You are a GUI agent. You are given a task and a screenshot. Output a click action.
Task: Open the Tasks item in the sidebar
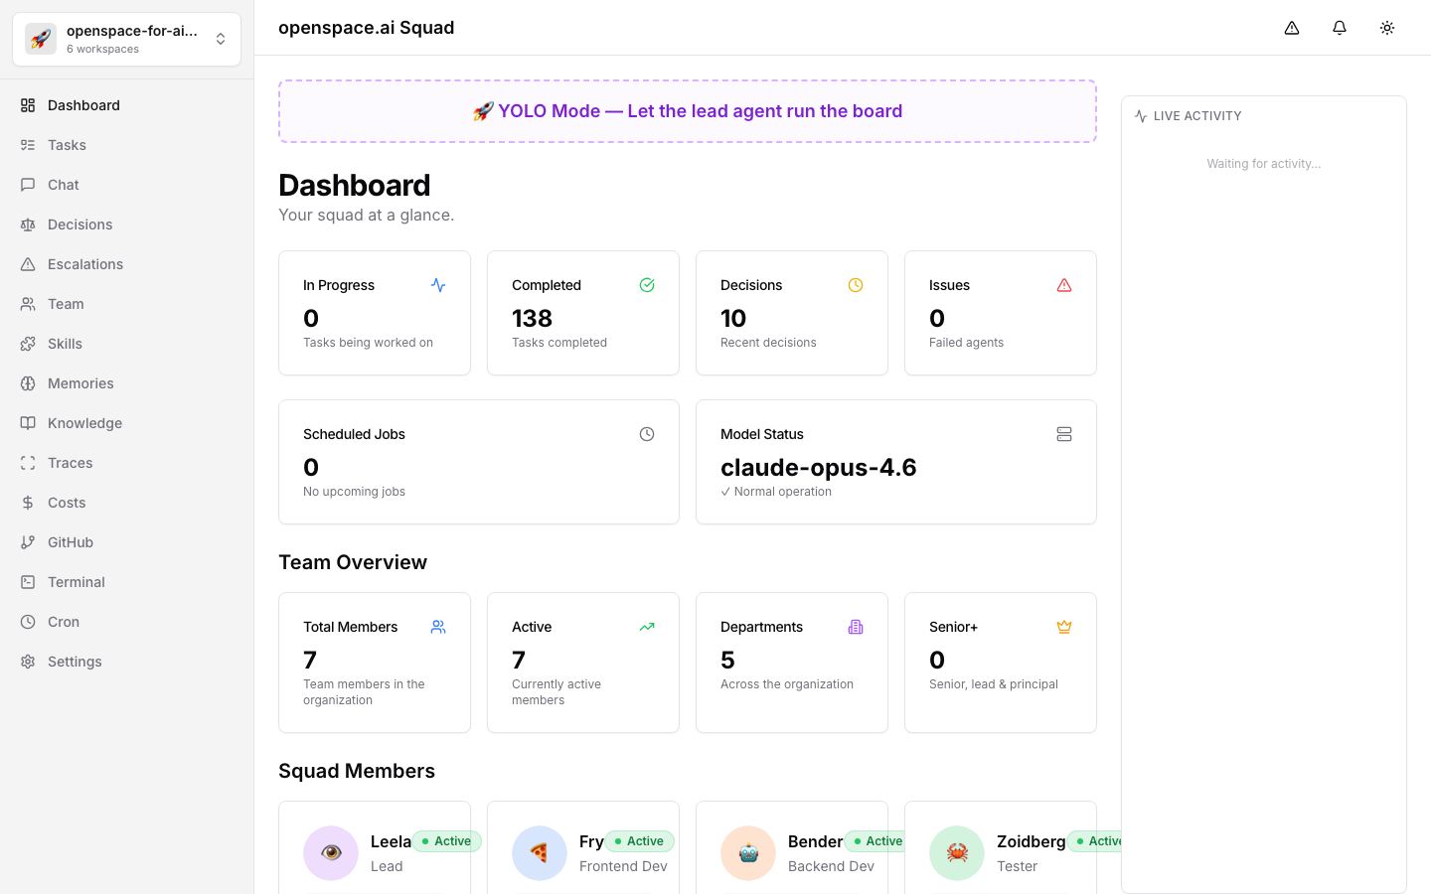coord(67,145)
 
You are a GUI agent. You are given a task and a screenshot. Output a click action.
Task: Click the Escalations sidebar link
coord(85,264)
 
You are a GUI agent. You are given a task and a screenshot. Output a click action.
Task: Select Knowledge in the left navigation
coord(84,423)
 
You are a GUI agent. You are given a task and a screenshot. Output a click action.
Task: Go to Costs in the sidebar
coord(67,503)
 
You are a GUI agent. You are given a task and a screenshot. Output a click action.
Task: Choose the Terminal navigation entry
coord(76,582)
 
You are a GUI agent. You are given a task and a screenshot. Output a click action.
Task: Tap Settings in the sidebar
coord(75,662)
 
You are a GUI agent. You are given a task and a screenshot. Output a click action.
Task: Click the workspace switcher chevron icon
coord(221,40)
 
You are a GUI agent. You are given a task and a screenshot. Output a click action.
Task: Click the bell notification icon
coord(1340,28)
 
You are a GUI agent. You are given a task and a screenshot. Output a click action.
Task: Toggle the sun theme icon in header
coord(1387,28)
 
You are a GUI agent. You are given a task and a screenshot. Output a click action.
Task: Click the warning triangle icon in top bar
coord(1292,28)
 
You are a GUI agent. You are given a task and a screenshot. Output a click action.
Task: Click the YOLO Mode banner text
coord(688,111)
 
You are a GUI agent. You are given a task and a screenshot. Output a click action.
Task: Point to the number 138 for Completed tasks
coord(532,319)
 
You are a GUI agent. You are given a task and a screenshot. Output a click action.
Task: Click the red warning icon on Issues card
coord(1064,285)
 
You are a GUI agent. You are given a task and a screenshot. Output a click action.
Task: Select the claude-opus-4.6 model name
coord(818,468)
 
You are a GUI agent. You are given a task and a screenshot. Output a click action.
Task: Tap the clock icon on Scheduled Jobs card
coord(647,434)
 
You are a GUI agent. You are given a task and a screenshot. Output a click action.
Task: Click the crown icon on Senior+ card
coord(1064,627)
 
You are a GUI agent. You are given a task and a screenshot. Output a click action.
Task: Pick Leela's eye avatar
coord(331,852)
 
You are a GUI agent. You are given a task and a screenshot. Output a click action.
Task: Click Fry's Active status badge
coord(639,841)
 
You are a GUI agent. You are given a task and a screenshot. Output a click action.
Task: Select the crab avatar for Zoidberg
coord(957,852)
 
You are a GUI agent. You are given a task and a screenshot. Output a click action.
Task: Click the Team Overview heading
coord(353,562)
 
